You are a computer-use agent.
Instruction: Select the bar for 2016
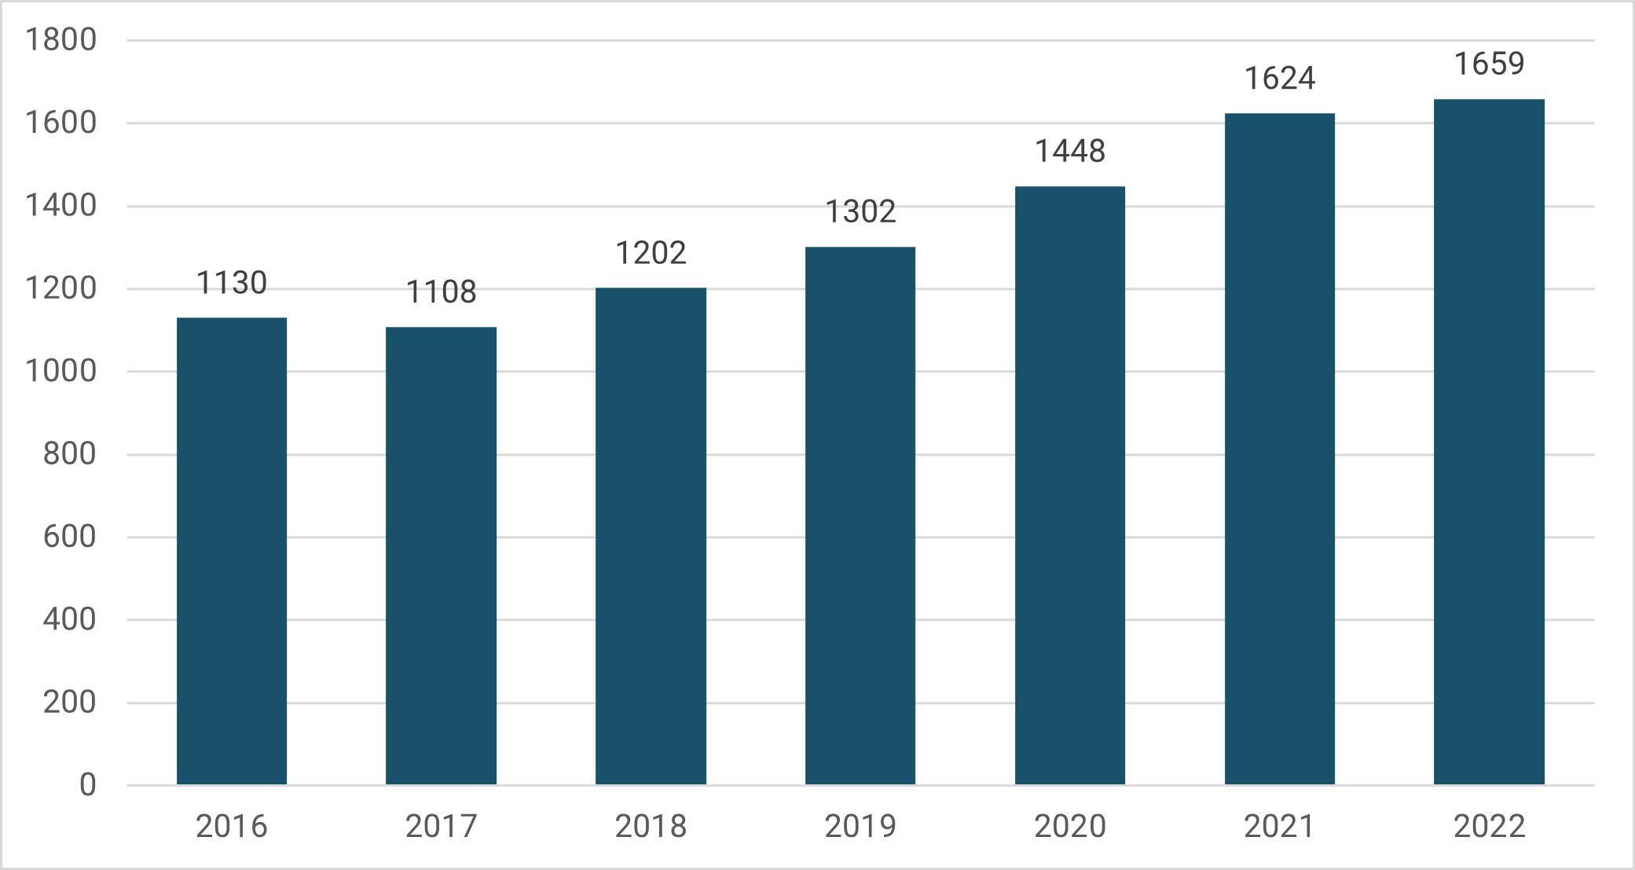(232, 550)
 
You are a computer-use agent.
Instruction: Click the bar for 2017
(441, 555)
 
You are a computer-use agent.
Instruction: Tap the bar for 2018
(651, 536)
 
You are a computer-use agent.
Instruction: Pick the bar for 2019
(860, 516)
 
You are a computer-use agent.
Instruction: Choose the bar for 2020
(1070, 485)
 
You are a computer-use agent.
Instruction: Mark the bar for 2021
(1279, 449)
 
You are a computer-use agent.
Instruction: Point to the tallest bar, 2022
(1489, 442)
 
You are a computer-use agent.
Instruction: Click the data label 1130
(232, 283)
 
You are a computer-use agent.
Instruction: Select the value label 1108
(441, 292)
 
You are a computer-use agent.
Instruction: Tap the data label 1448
(1070, 151)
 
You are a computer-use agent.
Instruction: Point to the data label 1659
(1489, 64)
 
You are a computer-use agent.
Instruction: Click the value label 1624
(1279, 79)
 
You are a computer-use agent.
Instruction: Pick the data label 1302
(860, 211)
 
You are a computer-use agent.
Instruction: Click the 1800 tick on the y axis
(60, 39)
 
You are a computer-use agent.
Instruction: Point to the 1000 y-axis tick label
(60, 371)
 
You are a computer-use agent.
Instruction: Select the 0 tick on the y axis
(88, 784)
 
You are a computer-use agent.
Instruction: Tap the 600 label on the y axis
(69, 537)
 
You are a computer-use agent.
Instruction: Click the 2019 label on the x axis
(860, 826)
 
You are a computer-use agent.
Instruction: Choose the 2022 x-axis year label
(1489, 826)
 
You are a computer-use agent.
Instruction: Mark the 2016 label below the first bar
(232, 826)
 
